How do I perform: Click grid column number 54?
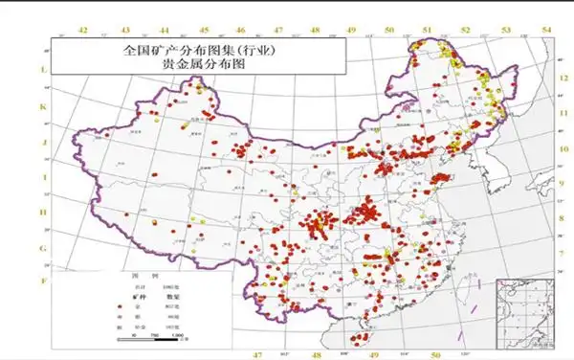point(546,32)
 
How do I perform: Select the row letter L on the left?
point(42,71)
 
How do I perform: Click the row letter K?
point(42,106)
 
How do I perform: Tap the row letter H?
point(42,213)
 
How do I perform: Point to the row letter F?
point(42,281)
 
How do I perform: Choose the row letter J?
point(42,142)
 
